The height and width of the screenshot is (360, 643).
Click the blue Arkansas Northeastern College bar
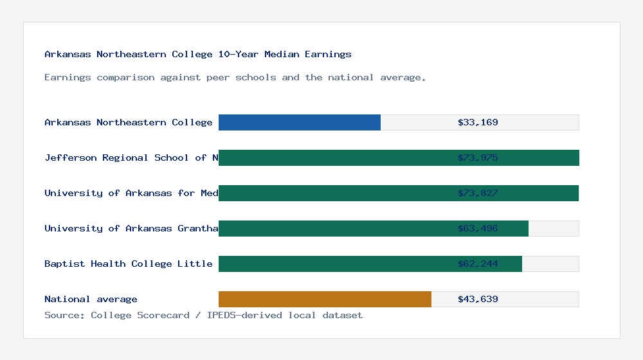click(300, 122)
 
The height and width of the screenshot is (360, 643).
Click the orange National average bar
click(325, 299)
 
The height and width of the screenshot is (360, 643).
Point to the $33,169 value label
click(478, 122)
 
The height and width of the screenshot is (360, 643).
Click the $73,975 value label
click(478, 157)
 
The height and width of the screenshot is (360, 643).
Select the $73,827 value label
click(478, 193)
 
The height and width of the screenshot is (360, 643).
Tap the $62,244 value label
click(478, 264)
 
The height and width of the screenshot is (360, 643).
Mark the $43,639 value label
click(478, 299)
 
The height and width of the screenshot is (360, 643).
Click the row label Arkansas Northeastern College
click(128, 122)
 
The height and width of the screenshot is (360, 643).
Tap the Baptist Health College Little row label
click(128, 264)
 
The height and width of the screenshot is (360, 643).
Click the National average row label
click(91, 299)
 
